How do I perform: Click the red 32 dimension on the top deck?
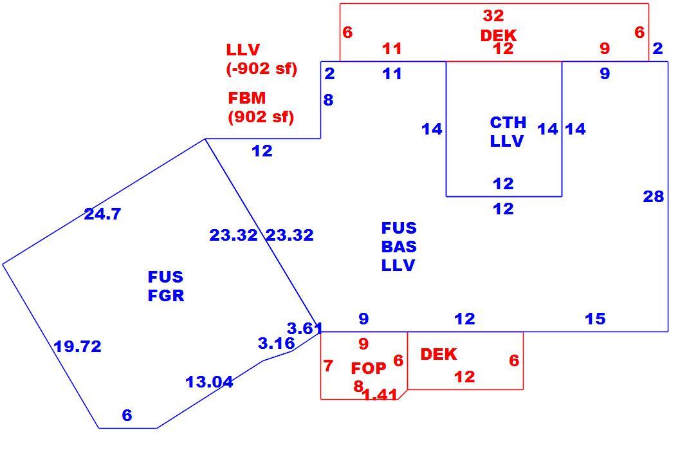[x=493, y=15]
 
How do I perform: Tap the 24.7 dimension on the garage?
[x=102, y=214]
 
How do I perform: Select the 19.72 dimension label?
[x=77, y=346]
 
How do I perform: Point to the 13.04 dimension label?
[x=209, y=382]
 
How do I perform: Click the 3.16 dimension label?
[x=276, y=344]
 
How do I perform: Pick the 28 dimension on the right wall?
[x=654, y=196]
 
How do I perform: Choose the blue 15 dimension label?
[x=595, y=319]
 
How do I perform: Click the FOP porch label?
[x=369, y=368]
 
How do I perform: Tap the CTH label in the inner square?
[x=508, y=122]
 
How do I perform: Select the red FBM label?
[x=246, y=98]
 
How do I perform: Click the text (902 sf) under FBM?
[x=261, y=117]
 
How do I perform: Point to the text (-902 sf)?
[x=262, y=69]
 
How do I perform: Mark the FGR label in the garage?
[x=166, y=295]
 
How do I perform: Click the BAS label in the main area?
[x=399, y=247]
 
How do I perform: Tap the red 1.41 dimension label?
[x=380, y=395]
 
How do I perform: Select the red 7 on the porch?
[x=328, y=366]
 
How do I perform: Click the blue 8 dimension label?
[x=328, y=100]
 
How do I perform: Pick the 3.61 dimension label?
[x=305, y=328]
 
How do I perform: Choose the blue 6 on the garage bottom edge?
[x=127, y=415]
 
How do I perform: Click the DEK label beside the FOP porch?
[x=439, y=354]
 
